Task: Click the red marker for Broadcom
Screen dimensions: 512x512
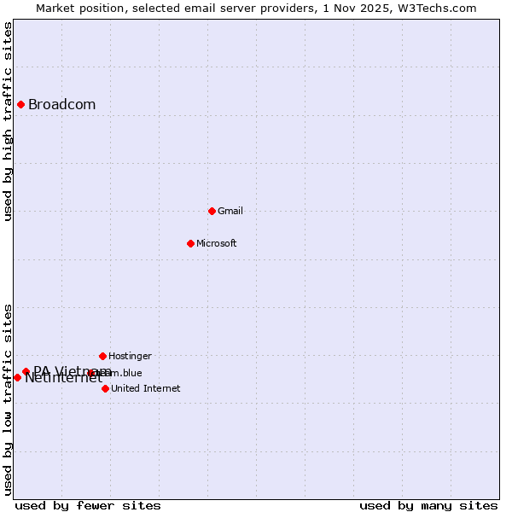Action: click(20, 104)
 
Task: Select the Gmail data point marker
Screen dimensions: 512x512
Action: click(212, 211)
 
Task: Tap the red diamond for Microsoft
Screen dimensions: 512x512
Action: click(190, 243)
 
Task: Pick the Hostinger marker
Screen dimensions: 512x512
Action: click(102, 356)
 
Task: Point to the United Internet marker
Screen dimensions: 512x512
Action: click(105, 388)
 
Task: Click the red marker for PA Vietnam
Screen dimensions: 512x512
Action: click(26, 371)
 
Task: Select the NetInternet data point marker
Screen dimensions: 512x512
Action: click(17, 377)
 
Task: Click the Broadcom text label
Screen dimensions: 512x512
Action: click(61, 105)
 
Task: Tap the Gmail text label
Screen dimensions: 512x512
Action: click(230, 211)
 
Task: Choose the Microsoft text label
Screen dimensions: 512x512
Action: click(216, 243)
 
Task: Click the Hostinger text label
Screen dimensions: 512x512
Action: click(130, 356)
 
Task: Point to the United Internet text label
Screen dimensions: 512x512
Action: click(145, 388)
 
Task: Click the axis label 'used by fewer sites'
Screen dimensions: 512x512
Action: click(88, 505)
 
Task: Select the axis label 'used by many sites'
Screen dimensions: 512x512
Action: click(428, 505)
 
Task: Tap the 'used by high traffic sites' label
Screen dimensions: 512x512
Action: click(9, 121)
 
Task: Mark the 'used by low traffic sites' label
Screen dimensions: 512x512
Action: click(9, 399)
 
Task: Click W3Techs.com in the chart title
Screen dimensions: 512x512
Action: click(439, 8)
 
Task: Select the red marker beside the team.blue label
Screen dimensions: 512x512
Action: click(90, 373)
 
